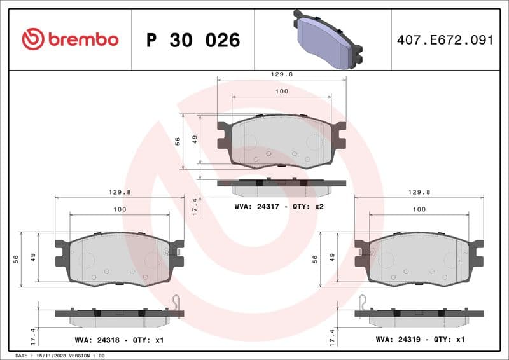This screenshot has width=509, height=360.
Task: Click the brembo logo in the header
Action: coord(70,39)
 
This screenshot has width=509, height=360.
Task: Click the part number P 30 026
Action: coord(193,40)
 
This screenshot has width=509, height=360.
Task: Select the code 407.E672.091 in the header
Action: coord(445,40)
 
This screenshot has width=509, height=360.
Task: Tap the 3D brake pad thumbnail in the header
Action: coord(327,40)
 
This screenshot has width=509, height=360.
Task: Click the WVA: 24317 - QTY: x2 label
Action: coord(279,206)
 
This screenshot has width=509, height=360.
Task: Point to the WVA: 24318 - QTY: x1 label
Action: coord(119,340)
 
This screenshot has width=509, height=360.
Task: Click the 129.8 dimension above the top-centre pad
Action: coord(282,74)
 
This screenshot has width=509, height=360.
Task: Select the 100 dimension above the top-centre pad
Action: coord(282,92)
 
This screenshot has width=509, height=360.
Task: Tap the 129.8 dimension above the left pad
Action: coord(120,192)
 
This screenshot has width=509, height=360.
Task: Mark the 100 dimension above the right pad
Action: coord(419,209)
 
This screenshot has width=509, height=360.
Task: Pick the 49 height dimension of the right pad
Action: coord(331,258)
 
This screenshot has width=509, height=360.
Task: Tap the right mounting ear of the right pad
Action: coord(477,253)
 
